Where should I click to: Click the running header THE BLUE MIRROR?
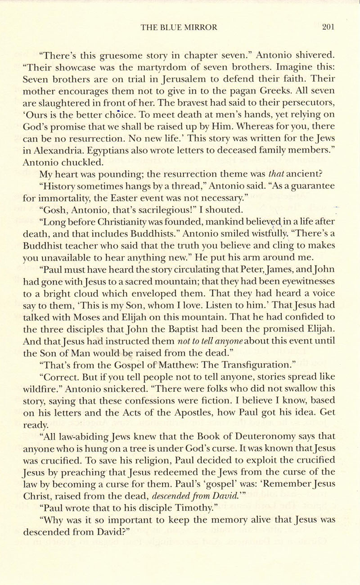pos(179,27)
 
